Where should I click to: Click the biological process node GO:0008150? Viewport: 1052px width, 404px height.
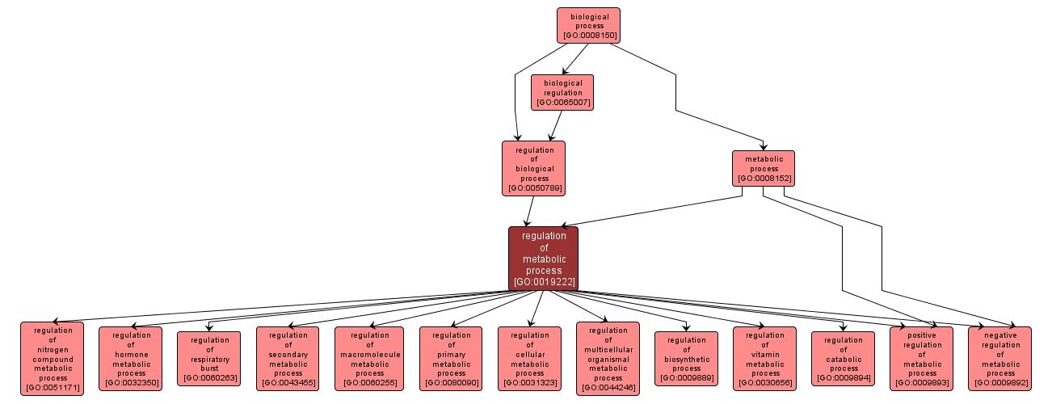tap(588, 25)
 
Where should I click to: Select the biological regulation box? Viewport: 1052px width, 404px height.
tap(562, 92)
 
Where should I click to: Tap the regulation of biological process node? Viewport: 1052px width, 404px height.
tap(533, 168)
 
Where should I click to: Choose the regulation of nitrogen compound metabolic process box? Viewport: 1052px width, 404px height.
tap(52, 359)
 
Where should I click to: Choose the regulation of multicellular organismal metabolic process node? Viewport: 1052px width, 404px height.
tap(608, 359)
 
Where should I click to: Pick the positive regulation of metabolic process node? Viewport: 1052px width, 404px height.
tap(922, 359)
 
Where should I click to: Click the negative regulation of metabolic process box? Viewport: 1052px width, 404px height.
tap(1000, 359)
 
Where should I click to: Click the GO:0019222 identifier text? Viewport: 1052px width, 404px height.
tap(543, 282)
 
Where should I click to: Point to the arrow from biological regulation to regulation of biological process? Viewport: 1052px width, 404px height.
tap(555, 125)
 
